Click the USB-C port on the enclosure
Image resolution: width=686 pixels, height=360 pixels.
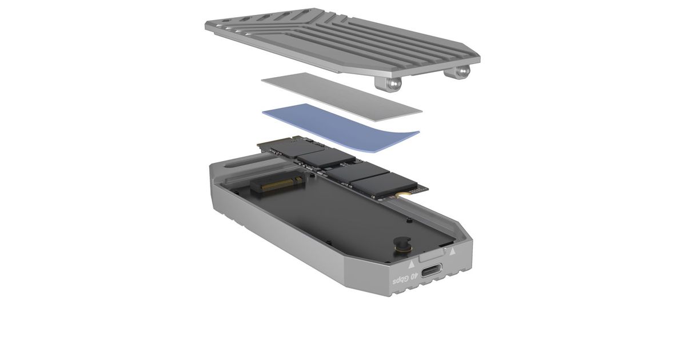[x=431, y=271]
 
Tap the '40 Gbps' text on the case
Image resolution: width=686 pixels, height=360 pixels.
[x=405, y=279]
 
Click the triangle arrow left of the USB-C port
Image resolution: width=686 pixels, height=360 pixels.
[x=412, y=264]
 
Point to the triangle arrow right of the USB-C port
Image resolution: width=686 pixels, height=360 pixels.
[x=452, y=251]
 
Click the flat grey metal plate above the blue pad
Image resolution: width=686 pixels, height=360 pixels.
[x=342, y=97]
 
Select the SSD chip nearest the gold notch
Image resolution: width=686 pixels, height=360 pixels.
[x=384, y=185]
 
